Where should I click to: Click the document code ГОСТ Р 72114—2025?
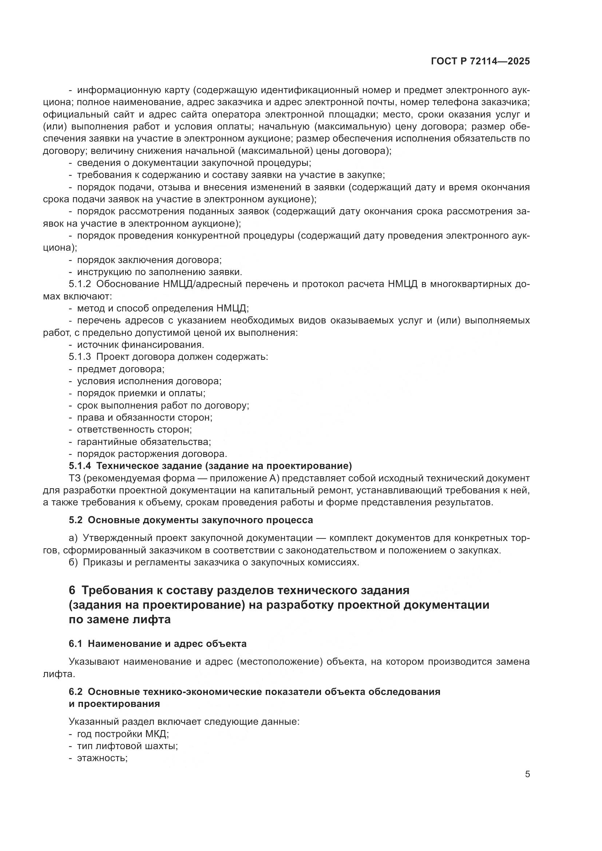click(480, 61)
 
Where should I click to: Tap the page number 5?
click(527, 774)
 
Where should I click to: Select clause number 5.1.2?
click(80, 284)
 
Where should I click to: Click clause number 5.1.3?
click(80, 357)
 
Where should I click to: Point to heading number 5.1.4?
click(80, 466)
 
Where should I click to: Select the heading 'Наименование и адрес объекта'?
click(167, 644)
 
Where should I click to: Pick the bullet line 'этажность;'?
click(102, 758)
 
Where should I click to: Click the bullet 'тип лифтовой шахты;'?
click(127, 746)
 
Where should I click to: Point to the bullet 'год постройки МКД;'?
click(123, 734)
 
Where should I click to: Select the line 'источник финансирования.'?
click(140, 345)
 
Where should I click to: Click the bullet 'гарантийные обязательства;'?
click(144, 442)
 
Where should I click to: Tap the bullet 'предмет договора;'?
click(120, 369)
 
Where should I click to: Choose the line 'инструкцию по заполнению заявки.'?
click(159, 272)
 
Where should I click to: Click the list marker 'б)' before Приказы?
click(73, 562)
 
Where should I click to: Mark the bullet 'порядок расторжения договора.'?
click(152, 454)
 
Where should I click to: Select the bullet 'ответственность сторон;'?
click(134, 430)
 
